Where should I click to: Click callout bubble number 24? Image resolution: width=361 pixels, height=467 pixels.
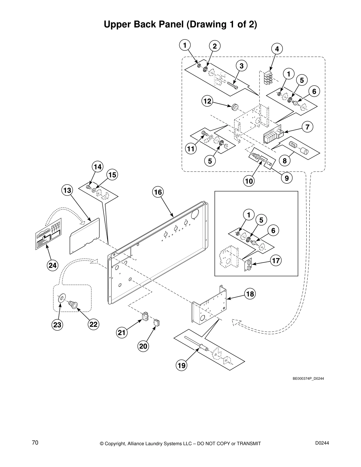tap(52, 265)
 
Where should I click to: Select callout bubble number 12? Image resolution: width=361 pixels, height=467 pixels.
tap(207, 101)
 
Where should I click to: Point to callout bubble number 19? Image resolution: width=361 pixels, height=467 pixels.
tap(182, 366)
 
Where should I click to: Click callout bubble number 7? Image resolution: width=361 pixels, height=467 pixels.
tap(307, 127)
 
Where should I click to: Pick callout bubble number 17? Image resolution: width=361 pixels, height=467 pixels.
tap(276, 261)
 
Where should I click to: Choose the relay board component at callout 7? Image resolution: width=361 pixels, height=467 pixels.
tap(273, 135)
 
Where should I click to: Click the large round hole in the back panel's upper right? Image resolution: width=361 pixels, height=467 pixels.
tap(194, 215)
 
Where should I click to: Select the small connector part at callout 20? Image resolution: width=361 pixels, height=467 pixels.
tap(156, 323)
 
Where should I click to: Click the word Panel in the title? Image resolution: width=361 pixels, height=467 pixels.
tap(172, 24)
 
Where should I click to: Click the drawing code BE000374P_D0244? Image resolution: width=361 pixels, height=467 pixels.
tap(308, 379)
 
